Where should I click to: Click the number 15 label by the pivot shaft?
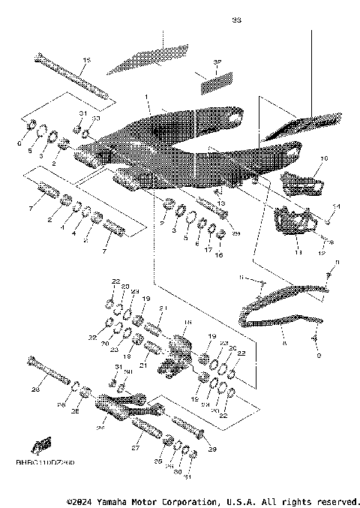(x=86, y=60)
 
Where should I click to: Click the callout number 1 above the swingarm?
(x=148, y=98)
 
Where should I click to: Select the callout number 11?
(x=296, y=254)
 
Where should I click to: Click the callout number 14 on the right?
(x=336, y=206)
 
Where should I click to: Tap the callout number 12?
(x=323, y=254)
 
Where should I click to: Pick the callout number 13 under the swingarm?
(x=220, y=203)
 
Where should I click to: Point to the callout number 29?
(x=212, y=449)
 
